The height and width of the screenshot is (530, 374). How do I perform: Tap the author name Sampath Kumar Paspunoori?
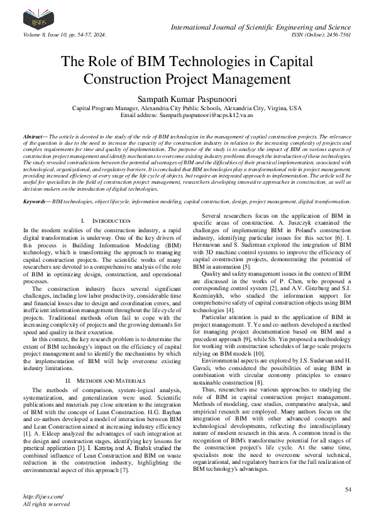[187, 98]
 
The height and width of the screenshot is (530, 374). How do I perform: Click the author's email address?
[187, 116]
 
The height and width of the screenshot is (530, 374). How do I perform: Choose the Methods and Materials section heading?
[92, 363]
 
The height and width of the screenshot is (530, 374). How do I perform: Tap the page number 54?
[348, 489]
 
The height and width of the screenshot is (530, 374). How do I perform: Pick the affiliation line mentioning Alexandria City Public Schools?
[187, 108]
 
